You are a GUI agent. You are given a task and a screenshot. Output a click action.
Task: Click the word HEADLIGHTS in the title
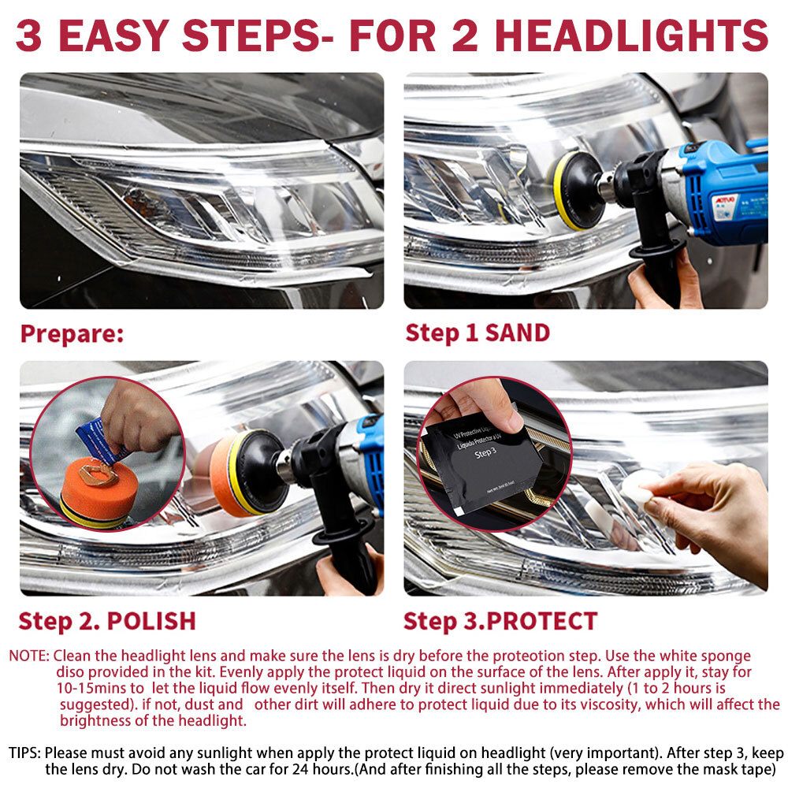click(x=633, y=35)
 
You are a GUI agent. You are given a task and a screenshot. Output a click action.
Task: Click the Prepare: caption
click(x=72, y=333)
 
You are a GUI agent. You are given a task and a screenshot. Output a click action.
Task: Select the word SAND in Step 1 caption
click(x=517, y=333)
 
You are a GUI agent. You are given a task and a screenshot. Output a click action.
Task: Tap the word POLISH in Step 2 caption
click(x=151, y=620)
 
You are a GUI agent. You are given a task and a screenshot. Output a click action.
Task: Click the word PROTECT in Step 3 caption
click(x=541, y=620)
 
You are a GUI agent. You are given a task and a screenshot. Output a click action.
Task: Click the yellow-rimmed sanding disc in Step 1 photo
click(x=577, y=190)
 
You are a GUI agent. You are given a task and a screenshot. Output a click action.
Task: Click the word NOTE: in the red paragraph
click(x=29, y=656)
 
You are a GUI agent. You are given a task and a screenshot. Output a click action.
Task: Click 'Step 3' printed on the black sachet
click(x=484, y=452)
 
